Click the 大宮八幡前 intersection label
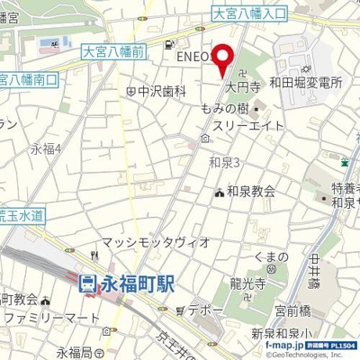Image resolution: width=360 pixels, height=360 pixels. [x=113, y=52]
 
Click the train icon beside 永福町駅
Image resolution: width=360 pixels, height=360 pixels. [x=88, y=283]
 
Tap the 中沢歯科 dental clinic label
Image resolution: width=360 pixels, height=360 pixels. [x=162, y=91]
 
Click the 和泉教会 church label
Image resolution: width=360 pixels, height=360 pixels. [x=250, y=191]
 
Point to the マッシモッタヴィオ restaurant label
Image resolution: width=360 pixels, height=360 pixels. [x=156, y=242]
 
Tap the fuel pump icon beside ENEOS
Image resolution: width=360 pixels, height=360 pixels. [x=170, y=43]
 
